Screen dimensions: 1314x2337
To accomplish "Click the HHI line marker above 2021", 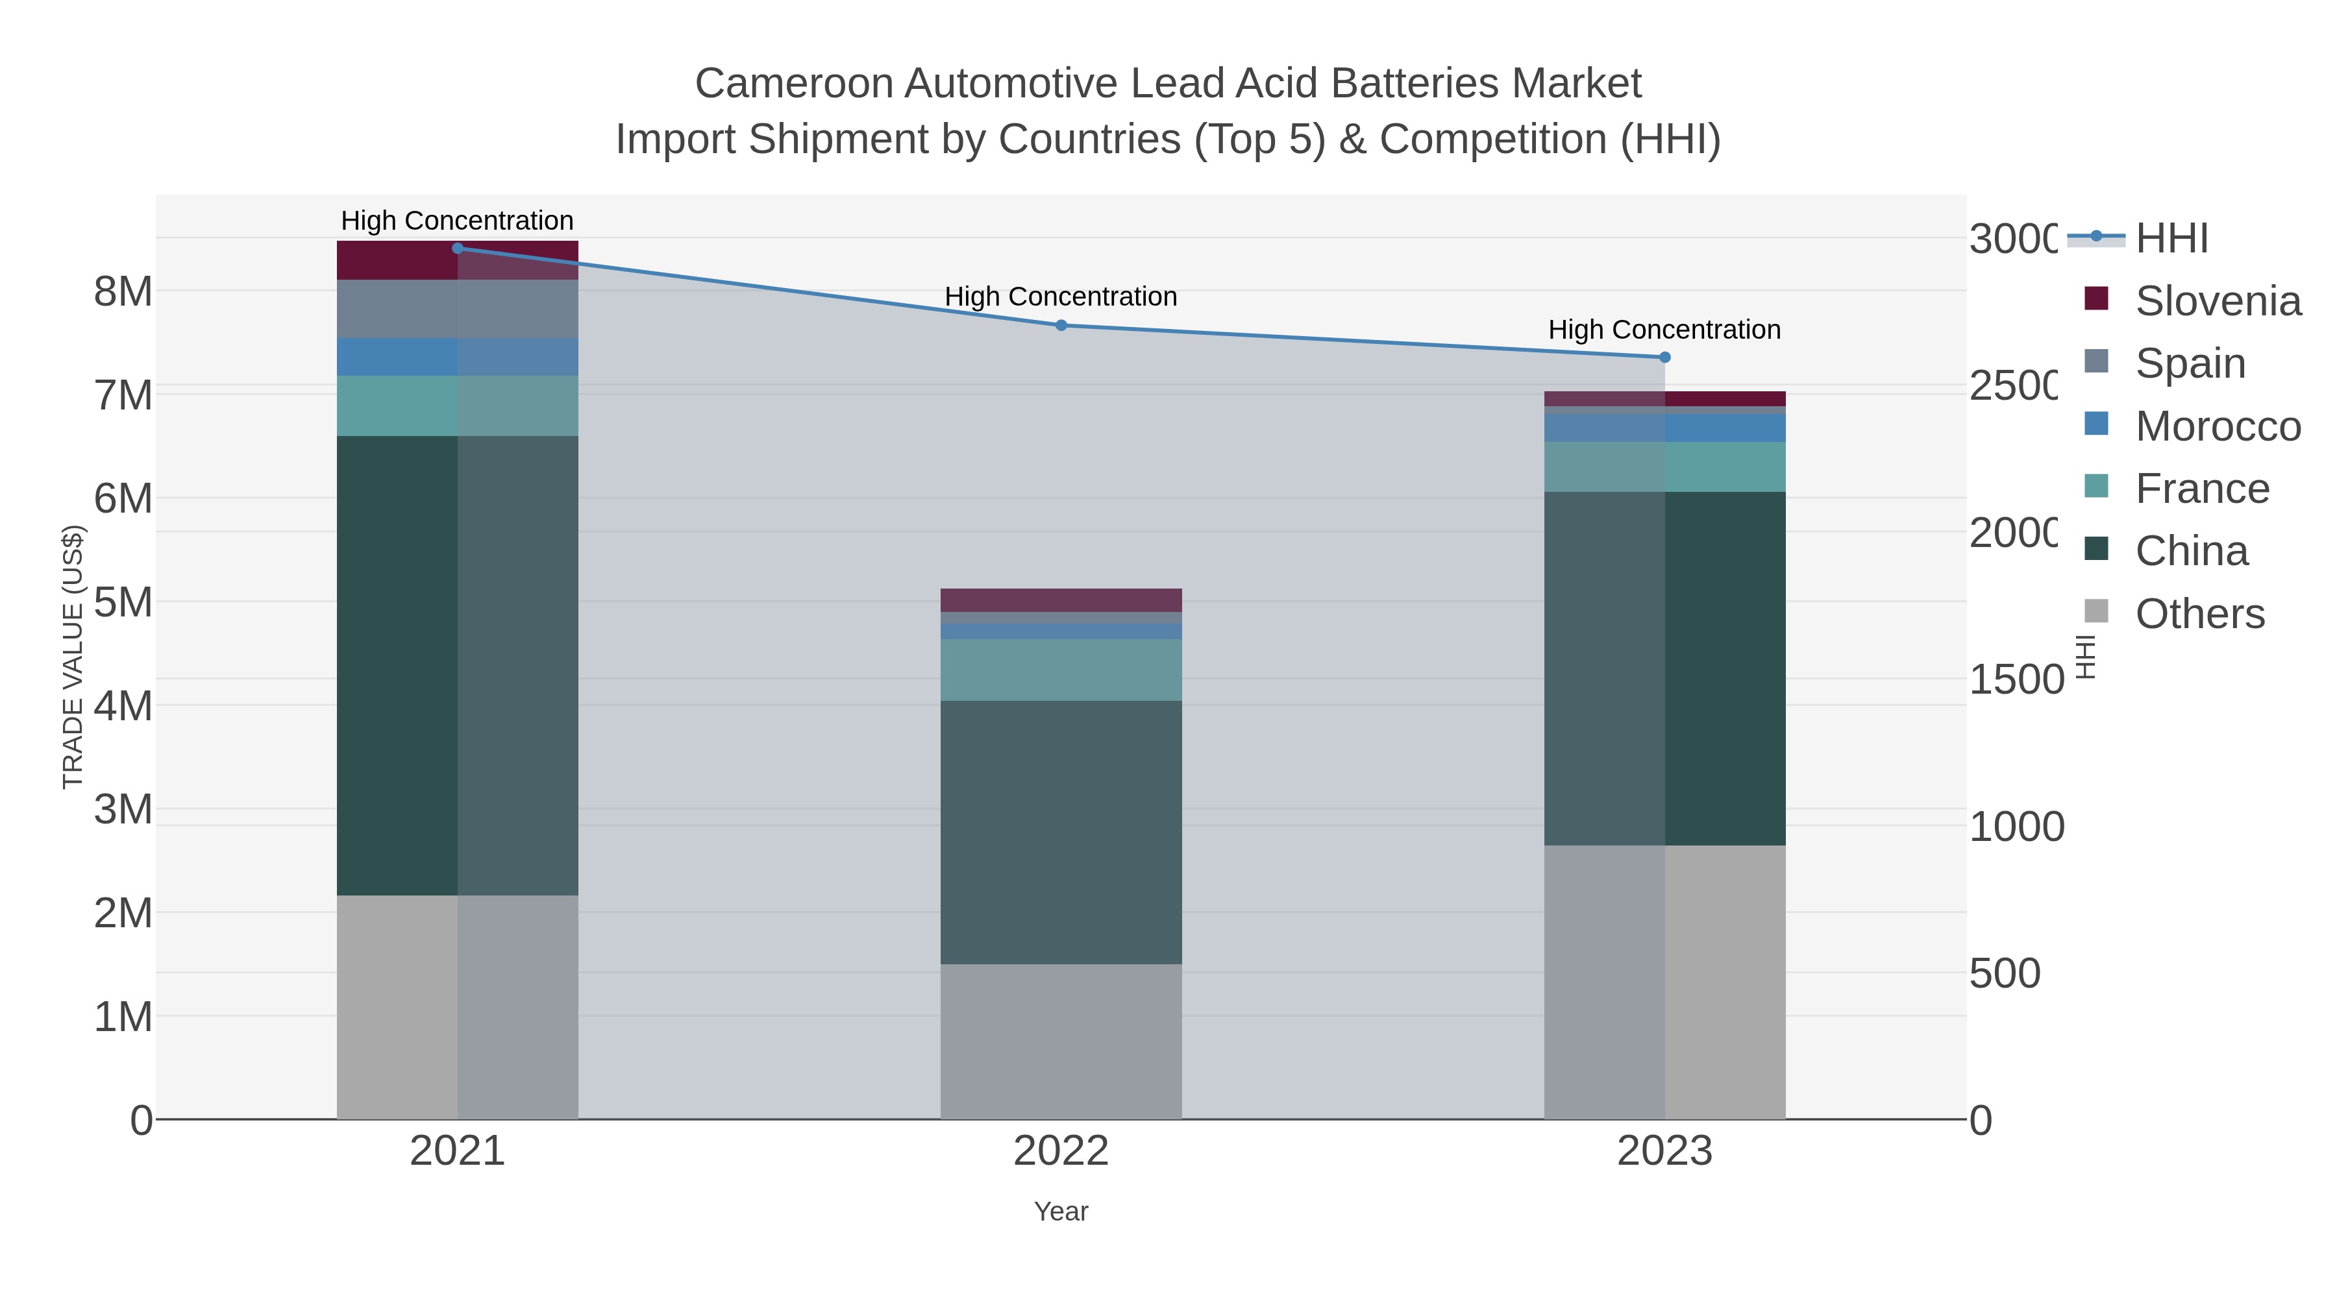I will pyautogui.click(x=457, y=249).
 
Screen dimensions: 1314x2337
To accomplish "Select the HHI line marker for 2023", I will pyautogui.click(x=1664, y=358).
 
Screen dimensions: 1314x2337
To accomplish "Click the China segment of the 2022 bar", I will pyautogui.click(x=1061, y=832).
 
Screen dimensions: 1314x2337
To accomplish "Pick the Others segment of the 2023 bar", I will pyautogui.click(x=1664, y=982).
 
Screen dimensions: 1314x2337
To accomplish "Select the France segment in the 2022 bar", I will pyautogui.click(x=1061, y=670).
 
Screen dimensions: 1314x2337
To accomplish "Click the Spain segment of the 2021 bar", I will pyautogui.click(x=457, y=310).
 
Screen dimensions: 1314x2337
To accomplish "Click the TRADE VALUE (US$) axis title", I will pyautogui.click(x=73, y=657).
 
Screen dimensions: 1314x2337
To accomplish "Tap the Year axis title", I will pyautogui.click(x=1061, y=1211).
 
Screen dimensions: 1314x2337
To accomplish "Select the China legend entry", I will pyautogui.click(x=2190, y=552).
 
